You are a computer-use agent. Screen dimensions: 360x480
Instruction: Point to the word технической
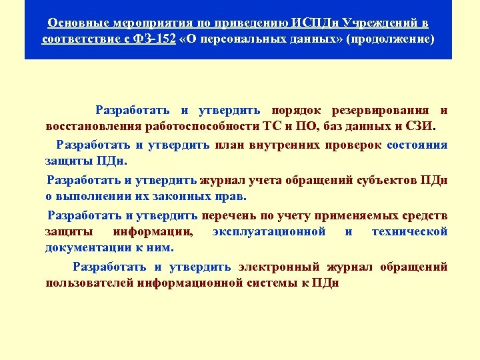(409, 231)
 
